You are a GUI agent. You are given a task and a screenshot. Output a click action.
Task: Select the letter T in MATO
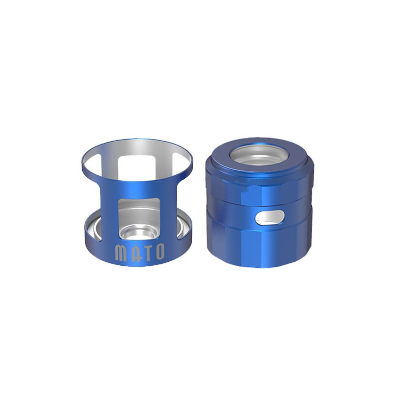tap(146, 253)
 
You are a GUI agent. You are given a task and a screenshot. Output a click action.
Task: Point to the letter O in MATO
tap(160, 252)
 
